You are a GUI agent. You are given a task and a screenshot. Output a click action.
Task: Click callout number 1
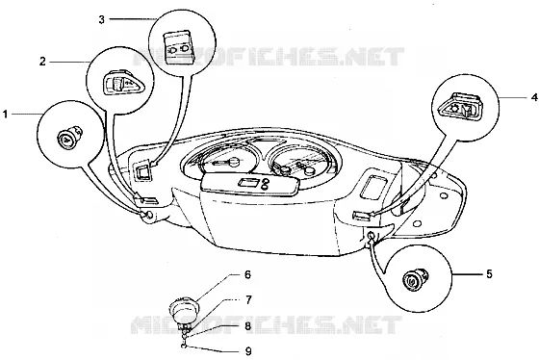coord(5,115)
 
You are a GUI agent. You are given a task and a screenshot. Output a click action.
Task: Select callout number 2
coord(42,62)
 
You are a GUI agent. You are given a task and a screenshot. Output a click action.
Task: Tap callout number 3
coord(101,19)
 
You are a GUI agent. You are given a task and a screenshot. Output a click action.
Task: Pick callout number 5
coord(489,274)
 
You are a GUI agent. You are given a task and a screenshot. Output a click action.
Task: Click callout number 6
coord(247,274)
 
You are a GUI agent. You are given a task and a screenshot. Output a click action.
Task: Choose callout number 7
coord(248,299)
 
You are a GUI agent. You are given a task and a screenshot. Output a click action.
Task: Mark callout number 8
coord(248,326)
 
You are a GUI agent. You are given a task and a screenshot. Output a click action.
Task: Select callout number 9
coord(248,351)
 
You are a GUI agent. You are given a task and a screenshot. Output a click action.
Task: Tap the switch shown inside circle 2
coord(122,83)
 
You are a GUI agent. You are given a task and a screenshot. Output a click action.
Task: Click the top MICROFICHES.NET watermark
coord(269,57)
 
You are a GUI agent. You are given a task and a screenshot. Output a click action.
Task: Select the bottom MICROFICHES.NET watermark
coord(266,325)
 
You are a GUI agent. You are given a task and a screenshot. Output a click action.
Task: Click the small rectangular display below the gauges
coord(246,183)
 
